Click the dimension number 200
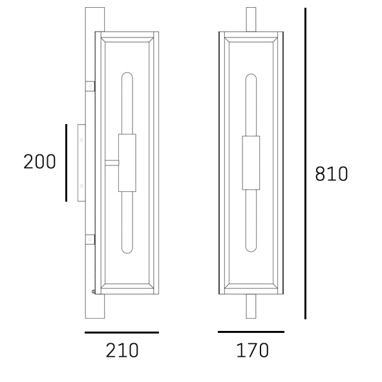coord(39,162)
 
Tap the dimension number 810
coord(332,174)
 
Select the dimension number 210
coord(122,350)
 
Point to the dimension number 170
coord(252,350)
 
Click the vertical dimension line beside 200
coord(67,163)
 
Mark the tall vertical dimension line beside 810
coord(305,164)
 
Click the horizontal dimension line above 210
coord(122,332)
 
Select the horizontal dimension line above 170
coord(251,332)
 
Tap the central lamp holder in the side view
coord(127,163)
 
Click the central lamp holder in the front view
coord(251,163)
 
